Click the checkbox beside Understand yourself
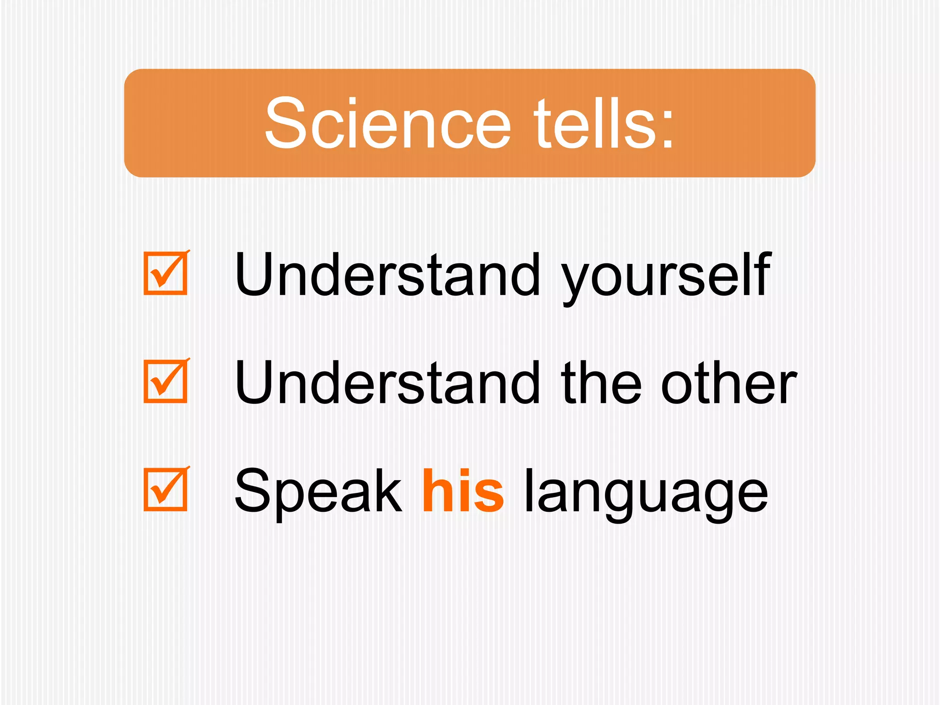(x=166, y=273)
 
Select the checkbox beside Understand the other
(x=166, y=381)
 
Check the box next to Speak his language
(x=166, y=489)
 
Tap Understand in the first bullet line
(x=388, y=274)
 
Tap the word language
(x=645, y=494)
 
